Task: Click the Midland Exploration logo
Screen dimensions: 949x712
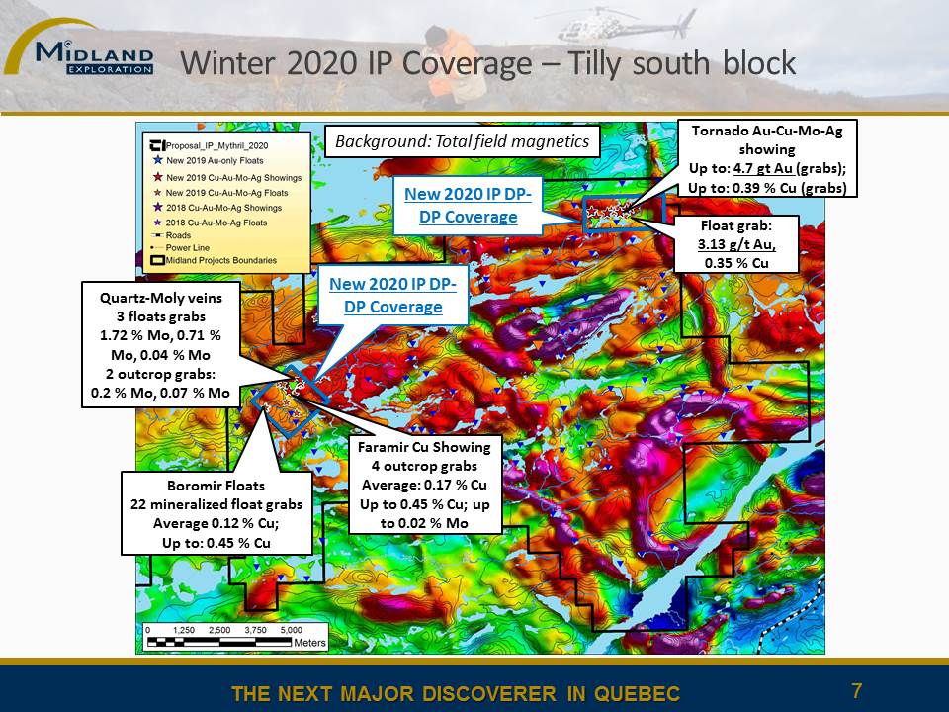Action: [x=79, y=49]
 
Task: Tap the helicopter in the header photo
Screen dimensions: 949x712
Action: [x=624, y=29]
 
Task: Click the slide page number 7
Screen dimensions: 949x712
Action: [x=856, y=691]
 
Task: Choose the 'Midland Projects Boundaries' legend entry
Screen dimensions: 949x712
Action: [x=214, y=260]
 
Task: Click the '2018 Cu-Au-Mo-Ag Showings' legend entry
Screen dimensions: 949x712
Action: [x=216, y=207]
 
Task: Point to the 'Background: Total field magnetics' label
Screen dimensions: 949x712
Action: [x=463, y=141]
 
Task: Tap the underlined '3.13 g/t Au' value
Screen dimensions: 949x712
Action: [x=736, y=244]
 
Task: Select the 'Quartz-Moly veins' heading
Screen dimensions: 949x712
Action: [x=161, y=298]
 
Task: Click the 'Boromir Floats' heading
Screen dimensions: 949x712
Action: [x=216, y=486]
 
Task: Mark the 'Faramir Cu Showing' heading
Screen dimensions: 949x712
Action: [x=424, y=447]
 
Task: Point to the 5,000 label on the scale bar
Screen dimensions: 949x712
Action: [x=291, y=630]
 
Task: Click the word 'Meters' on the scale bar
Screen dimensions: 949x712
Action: [x=309, y=643]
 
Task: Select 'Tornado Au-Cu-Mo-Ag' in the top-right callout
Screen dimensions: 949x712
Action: [x=767, y=131]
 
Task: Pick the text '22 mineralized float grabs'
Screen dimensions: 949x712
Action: [x=216, y=504]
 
